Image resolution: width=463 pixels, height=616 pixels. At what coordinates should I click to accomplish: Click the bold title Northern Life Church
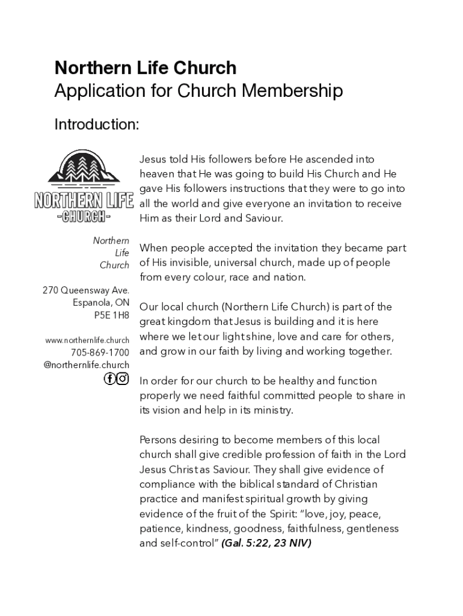[x=145, y=67]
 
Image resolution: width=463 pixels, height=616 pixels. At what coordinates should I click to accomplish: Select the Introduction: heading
[x=97, y=125]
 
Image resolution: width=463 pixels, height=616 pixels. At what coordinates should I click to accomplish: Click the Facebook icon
[x=109, y=378]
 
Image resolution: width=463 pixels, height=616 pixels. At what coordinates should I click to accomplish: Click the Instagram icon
[x=123, y=378]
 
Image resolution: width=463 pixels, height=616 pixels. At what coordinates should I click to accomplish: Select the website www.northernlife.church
[x=87, y=340]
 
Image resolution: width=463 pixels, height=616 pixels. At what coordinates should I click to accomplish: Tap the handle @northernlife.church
[x=87, y=365]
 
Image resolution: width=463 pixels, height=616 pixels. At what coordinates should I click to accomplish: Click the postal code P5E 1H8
[x=111, y=315]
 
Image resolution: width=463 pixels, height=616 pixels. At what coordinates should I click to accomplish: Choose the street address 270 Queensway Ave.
[x=86, y=291]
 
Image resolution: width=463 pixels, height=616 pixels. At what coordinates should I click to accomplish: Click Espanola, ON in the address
[x=101, y=303]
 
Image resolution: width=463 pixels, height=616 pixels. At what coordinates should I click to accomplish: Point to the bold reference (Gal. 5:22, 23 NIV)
[x=266, y=543]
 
